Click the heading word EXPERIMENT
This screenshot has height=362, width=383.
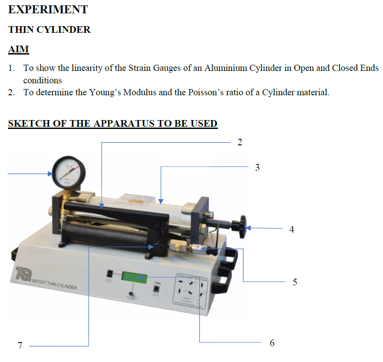pos(48,9)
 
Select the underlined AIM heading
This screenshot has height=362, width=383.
pos(19,49)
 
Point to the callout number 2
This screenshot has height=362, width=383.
pos(240,142)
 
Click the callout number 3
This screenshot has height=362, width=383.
pos(257,167)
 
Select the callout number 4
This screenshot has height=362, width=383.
pos(292,230)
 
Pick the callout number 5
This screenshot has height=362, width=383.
pos(295,282)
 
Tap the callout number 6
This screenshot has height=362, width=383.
pos(272,343)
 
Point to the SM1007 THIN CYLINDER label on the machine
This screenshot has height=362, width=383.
pos(54,284)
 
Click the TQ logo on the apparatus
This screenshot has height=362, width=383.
pos(22,272)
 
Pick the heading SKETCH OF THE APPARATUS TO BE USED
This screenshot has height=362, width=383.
pos(113,123)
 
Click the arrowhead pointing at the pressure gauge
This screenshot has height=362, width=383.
pos(50,174)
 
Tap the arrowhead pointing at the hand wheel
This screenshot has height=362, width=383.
pos(249,229)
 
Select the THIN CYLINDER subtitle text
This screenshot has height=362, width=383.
pos(49,30)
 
